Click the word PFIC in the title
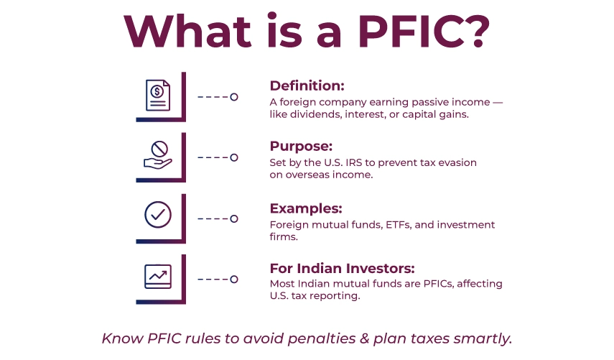click(412, 32)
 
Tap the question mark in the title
click(479, 32)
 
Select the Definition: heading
click(307, 86)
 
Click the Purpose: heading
click(301, 147)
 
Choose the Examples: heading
click(306, 208)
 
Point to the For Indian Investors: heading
click(343, 268)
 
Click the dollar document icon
click(158, 95)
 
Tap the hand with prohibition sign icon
click(158, 155)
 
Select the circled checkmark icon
click(158, 214)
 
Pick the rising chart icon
click(158, 277)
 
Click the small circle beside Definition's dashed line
click(234, 97)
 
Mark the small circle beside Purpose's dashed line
click(234, 157)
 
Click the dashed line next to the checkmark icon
click(213, 218)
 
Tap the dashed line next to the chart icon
click(213, 280)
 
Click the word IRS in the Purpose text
click(353, 162)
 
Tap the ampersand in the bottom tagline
click(365, 338)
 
